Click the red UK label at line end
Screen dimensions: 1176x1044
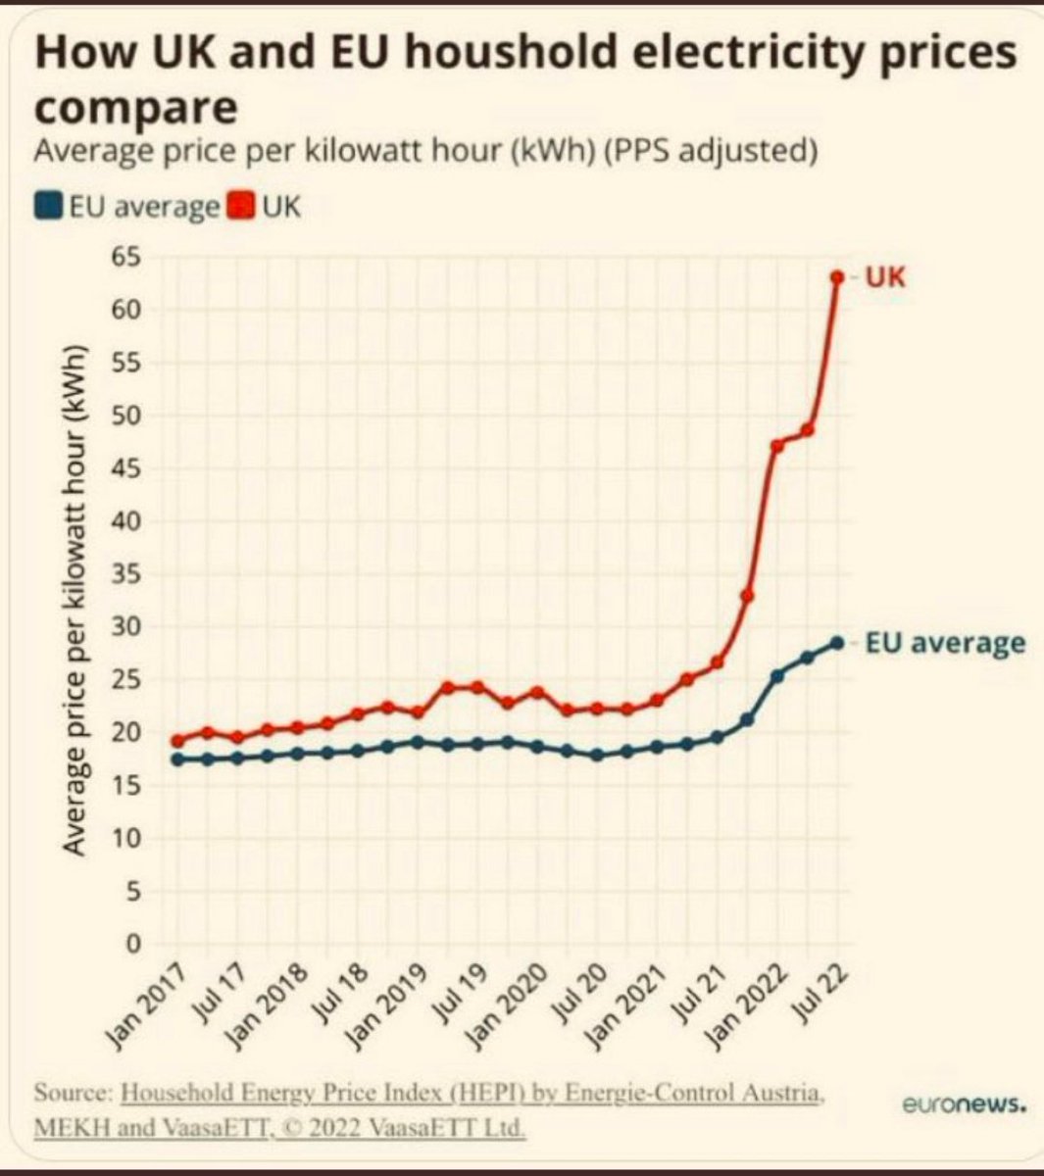click(x=886, y=277)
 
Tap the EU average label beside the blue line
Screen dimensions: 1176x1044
click(x=945, y=643)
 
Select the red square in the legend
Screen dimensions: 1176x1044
click(x=241, y=207)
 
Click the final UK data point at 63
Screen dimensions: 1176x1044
click(x=837, y=277)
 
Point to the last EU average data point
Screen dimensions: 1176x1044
click(x=837, y=643)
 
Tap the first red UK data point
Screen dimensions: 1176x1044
click(x=177, y=741)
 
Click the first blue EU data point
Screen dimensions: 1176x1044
click(x=177, y=759)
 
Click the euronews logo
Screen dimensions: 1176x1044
click(x=964, y=1105)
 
